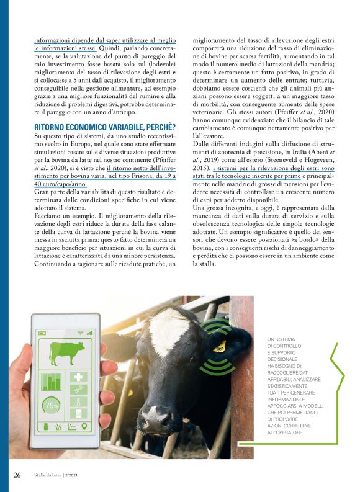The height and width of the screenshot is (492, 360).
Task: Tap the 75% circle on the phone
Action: point(50,406)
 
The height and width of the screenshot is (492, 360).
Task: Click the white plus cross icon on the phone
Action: point(79,377)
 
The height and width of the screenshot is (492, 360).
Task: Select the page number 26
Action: point(17,475)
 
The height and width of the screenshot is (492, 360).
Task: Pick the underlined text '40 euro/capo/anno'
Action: point(61,184)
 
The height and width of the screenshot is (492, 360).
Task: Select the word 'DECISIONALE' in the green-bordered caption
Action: point(282,359)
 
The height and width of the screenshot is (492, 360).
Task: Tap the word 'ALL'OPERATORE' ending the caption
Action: point(286,432)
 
